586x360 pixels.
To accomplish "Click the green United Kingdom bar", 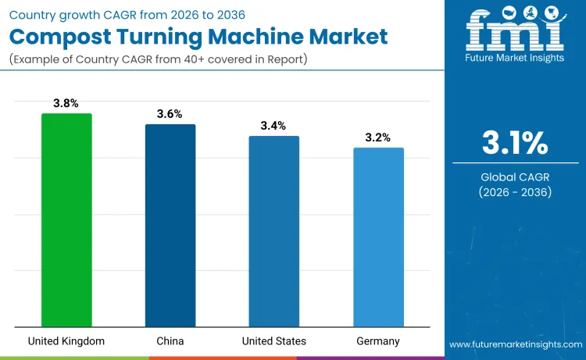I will pyautogui.click(x=66, y=220).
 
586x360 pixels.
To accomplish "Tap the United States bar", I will pyautogui.click(x=274, y=231).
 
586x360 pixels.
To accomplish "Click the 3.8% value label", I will pyautogui.click(x=66, y=103).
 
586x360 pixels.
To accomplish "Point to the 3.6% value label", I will pyautogui.click(x=170, y=114).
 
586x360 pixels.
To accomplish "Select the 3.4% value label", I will pyautogui.click(x=273, y=126).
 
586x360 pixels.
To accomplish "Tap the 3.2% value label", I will pyautogui.click(x=378, y=137).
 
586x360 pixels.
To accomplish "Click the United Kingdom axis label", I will pyautogui.click(x=66, y=341).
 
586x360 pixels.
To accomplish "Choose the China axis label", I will pyautogui.click(x=170, y=341).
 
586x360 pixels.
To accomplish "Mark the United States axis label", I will pyautogui.click(x=274, y=341).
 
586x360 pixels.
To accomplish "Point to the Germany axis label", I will pyautogui.click(x=378, y=341).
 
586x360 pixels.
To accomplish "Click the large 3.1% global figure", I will pyautogui.click(x=514, y=144).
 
